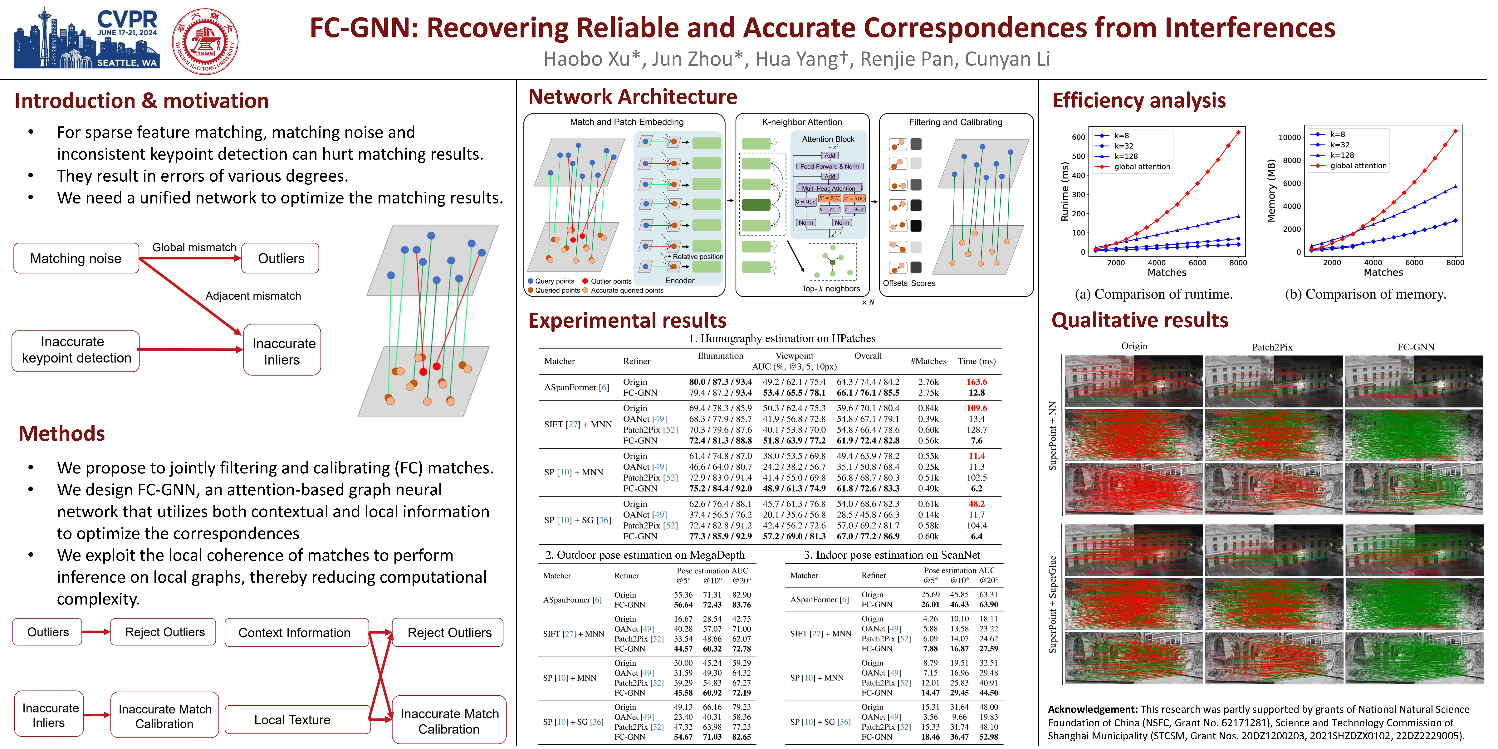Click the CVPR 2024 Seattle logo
pyautogui.click(x=86, y=38)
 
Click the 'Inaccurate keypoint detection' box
pyautogui.click(x=76, y=350)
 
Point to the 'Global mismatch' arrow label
pyautogui.click(x=194, y=247)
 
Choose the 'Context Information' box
pyautogui.click(x=295, y=633)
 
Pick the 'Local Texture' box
pyautogui.click(x=292, y=720)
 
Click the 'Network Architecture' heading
pyautogui.click(x=632, y=96)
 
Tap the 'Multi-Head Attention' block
pyautogui.click(x=828, y=188)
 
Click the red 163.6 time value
pyautogui.click(x=977, y=382)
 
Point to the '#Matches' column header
pyautogui.click(x=928, y=361)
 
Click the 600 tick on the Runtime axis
pyautogui.click(x=1078, y=137)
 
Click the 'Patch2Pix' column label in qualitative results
pyautogui.click(x=1272, y=347)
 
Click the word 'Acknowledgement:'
pyautogui.click(x=1092, y=709)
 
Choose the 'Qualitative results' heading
pyautogui.click(x=1140, y=321)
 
